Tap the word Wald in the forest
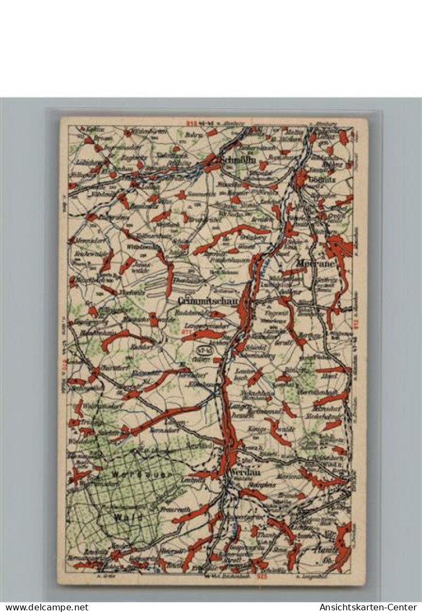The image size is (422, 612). tap(128, 517)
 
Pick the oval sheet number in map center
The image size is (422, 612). tap(202, 352)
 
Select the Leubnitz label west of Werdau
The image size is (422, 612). tap(192, 480)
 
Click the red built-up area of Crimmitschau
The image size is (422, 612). tap(245, 308)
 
